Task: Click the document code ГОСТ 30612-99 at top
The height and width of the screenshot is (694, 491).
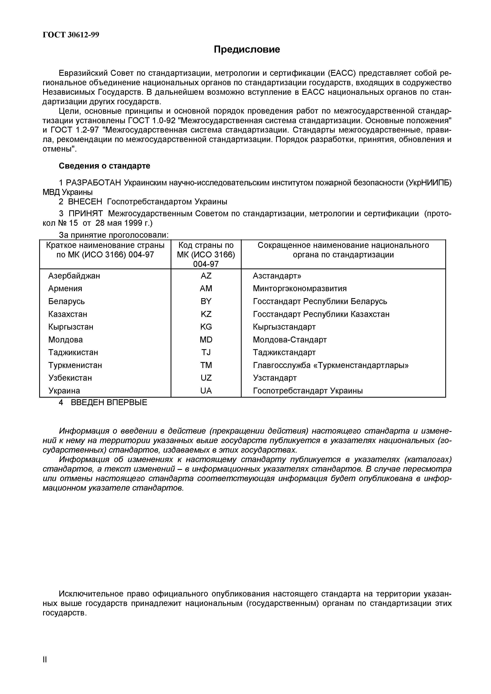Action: coord(71,35)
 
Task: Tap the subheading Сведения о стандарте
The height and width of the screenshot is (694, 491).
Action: coord(104,166)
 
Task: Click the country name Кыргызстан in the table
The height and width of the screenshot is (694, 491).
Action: coord(71,327)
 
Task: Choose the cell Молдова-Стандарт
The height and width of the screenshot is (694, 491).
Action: coord(290,340)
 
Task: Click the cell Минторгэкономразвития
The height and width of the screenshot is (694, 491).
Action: coord(300,288)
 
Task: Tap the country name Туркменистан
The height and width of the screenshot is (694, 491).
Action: coord(75,365)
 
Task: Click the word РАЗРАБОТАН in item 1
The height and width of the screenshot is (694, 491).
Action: coord(94,183)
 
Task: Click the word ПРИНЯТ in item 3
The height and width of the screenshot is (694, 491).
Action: coord(86,214)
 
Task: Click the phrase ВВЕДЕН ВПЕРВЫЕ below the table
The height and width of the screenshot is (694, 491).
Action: coord(109,403)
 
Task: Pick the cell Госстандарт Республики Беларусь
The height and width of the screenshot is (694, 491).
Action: coord(320,301)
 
